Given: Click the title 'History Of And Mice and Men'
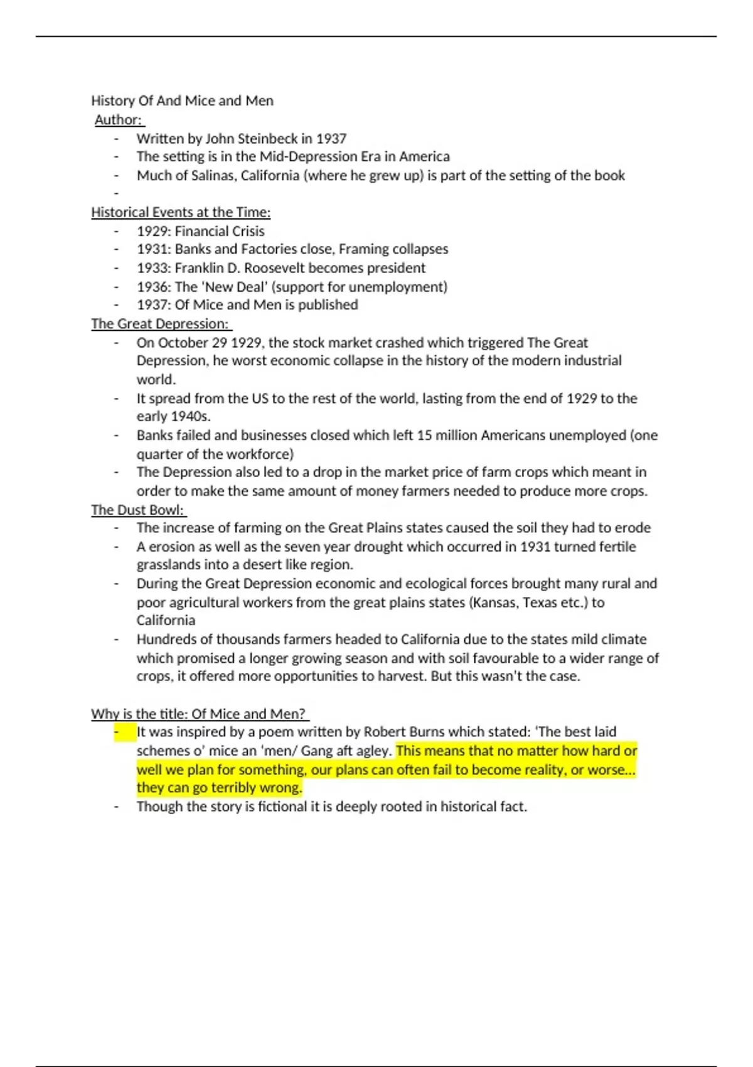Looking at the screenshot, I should pos(182,100).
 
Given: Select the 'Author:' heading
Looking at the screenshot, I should pos(119,119).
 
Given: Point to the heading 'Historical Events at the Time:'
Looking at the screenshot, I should pos(181,212).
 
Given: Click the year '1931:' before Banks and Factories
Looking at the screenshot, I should pos(154,249).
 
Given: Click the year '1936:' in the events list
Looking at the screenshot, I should pos(154,287).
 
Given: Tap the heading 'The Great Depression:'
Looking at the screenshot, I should pos(160,324).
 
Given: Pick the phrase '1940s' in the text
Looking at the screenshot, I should pos(190,417).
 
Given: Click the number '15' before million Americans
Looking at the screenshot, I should pos(424,435).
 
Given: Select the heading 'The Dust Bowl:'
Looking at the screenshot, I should pos(137,510).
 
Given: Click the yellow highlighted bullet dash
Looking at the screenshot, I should pos(117,732).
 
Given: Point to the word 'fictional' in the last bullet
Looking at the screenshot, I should pos(282,807).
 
